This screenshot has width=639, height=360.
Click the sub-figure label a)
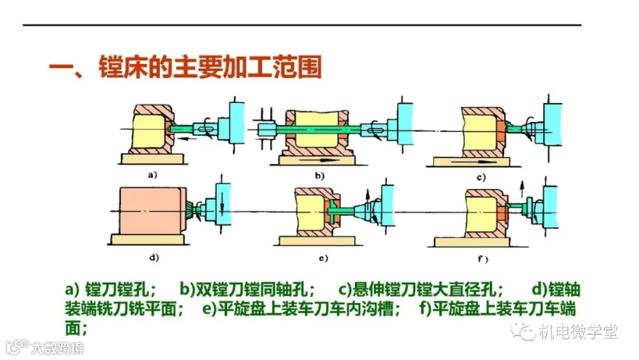pyautogui.click(x=153, y=175)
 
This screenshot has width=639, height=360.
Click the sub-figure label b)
pyautogui.click(x=319, y=175)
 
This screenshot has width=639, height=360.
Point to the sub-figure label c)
pyautogui.click(x=481, y=178)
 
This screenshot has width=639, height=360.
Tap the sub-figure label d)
pyautogui.click(x=153, y=258)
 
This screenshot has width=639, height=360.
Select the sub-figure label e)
pyautogui.click(x=323, y=258)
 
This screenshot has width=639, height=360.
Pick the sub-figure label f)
pyautogui.click(x=483, y=259)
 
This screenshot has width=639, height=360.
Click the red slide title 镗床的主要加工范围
pyautogui.click(x=210, y=67)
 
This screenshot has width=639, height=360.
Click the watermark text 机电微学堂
pyautogui.click(x=578, y=332)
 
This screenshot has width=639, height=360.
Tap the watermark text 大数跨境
pyautogui.click(x=58, y=348)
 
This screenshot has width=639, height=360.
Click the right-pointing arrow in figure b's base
pyautogui.click(x=319, y=160)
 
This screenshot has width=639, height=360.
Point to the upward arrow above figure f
pyautogui.click(x=521, y=189)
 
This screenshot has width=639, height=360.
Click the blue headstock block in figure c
pyautogui.click(x=553, y=124)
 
